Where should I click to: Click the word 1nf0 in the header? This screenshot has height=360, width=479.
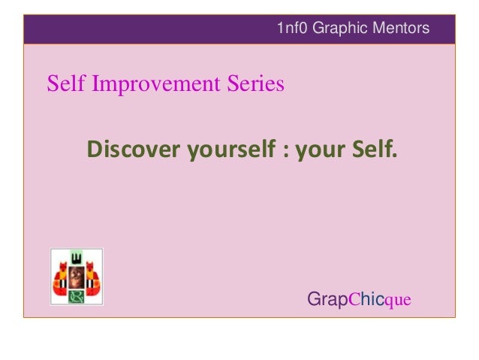(x=292, y=29)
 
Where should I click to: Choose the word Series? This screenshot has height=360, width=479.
(x=258, y=84)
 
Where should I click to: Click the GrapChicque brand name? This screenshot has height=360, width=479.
(x=359, y=300)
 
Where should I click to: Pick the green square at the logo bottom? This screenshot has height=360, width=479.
(x=76, y=296)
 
